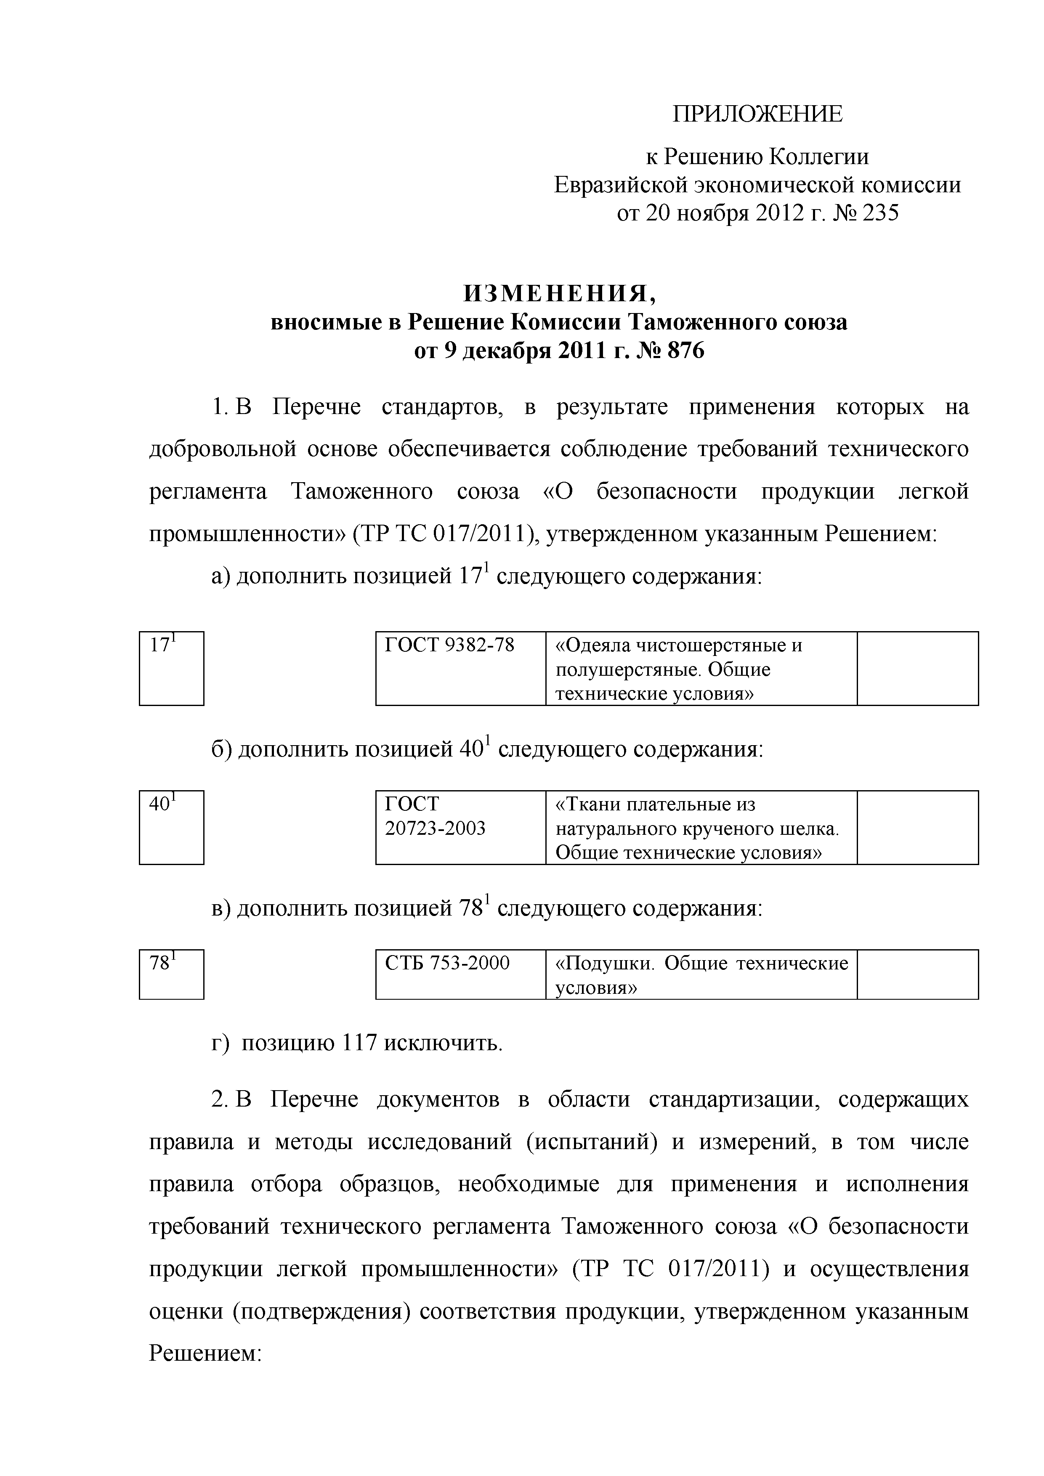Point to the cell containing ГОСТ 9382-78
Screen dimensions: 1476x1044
tap(460, 668)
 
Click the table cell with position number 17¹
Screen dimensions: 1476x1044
tap(171, 668)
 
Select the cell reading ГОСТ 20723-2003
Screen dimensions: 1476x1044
tap(460, 827)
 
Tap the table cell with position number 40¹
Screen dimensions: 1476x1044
tap(171, 827)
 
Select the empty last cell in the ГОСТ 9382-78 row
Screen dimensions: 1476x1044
tap(917, 668)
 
